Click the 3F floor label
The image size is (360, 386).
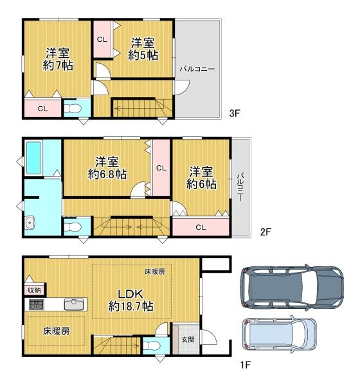point(234,113)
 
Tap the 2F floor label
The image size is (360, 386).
point(265,232)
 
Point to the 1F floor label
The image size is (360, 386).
point(246,365)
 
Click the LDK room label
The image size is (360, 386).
point(130,294)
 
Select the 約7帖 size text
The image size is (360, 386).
point(58,66)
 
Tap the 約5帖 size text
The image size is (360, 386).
point(143,55)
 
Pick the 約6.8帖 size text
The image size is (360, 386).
point(107,174)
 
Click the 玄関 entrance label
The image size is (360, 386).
point(188,340)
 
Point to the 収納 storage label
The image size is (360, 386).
point(34,290)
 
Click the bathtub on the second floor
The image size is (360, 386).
point(33,158)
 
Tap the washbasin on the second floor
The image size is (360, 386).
point(30,223)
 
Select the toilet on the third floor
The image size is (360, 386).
point(73,108)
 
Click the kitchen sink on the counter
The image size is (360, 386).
point(74,304)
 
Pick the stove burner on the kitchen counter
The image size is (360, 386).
point(37,304)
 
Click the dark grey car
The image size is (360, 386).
point(292,287)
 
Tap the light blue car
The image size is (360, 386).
point(279,334)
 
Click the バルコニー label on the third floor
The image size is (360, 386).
point(197,69)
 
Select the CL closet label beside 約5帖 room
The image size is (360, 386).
point(102,39)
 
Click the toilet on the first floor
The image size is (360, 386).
point(152,345)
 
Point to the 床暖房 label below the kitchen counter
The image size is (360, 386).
point(57,331)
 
